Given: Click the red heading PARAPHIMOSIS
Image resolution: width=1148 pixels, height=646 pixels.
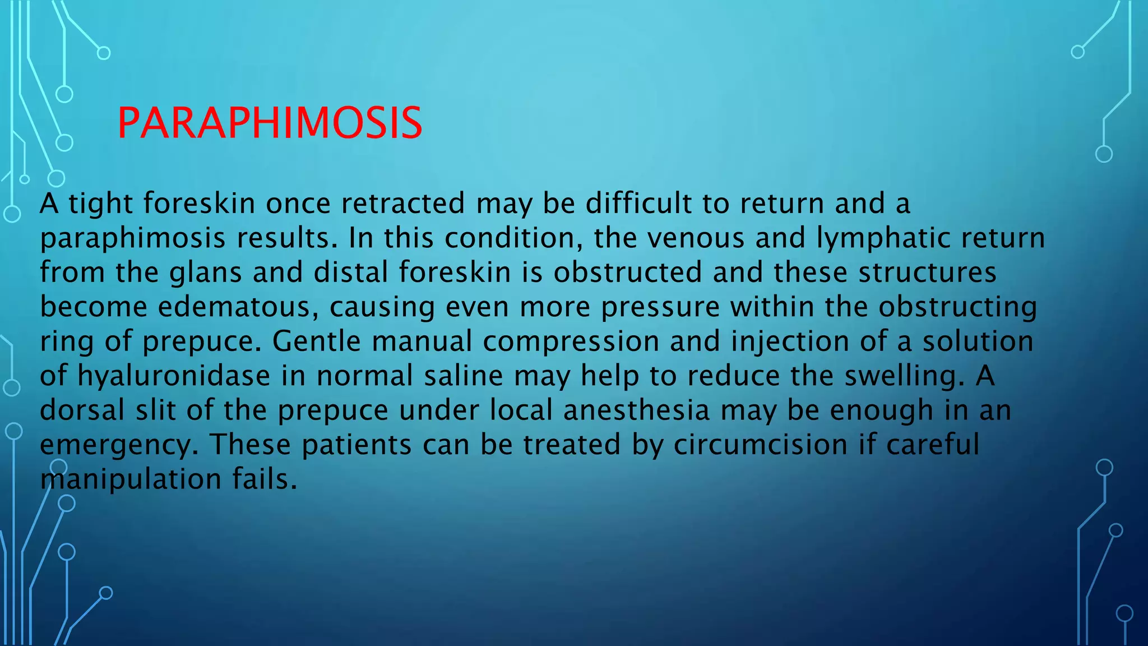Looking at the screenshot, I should point(270,123).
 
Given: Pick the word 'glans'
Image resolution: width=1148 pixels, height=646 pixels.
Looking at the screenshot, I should point(206,273).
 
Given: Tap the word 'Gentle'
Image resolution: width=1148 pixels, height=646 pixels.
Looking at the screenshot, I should point(317,342).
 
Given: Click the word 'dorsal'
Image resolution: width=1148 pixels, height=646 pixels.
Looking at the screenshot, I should point(82,410).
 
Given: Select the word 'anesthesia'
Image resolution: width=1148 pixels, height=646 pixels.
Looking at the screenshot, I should point(637,410).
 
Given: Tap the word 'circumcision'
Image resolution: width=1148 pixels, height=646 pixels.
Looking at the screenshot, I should point(761,445).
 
